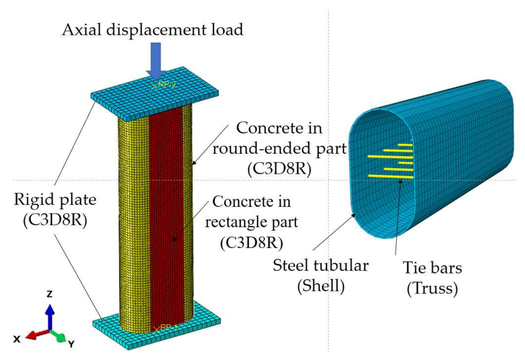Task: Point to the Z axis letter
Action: [50, 294]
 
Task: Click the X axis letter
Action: [17, 339]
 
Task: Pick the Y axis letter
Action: [71, 344]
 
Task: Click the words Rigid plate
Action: [55, 200]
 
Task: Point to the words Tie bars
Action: [432, 268]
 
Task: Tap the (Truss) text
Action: [432, 288]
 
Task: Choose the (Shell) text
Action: [321, 286]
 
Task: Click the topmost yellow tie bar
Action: [405, 145]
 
